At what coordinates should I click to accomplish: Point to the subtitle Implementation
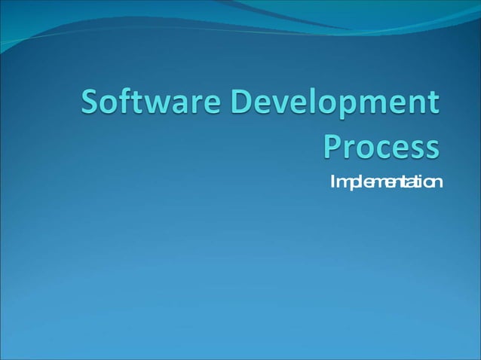385,183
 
